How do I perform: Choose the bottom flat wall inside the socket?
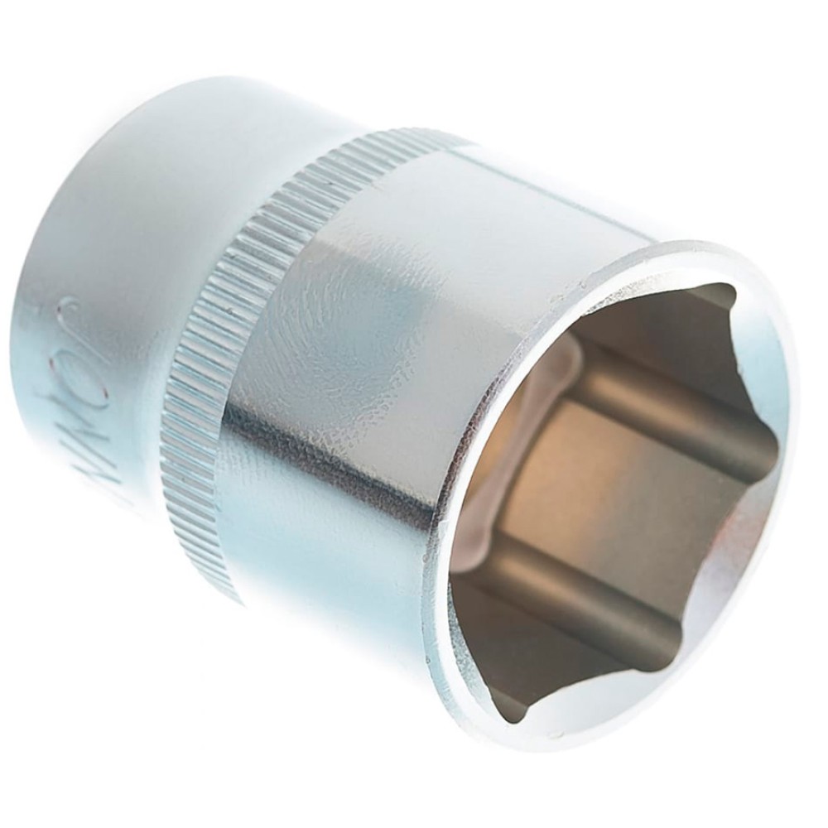[580, 654]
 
